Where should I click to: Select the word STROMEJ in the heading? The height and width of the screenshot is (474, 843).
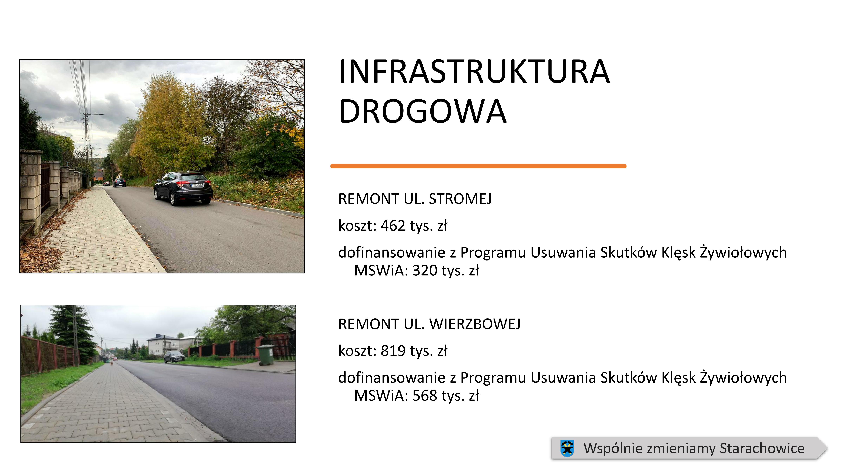tap(460, 199)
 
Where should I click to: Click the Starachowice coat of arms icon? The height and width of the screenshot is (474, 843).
tap(567, 448)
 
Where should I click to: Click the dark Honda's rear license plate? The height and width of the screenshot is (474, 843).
tap(197, 185)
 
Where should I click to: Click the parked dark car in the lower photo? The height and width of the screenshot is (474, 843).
tap(174, 357)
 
